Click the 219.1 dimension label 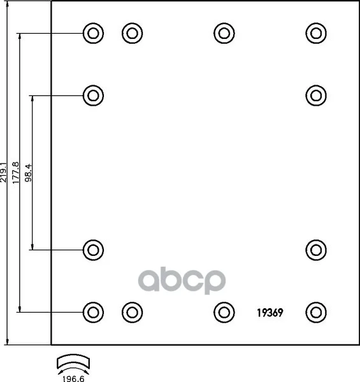coord(4,172)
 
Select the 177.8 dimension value coord(15,173)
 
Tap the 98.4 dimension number coord(29,173)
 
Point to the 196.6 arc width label coord(73,379)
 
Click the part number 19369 coord(270,313)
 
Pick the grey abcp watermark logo coord(182,280)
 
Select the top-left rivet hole coord(94,33)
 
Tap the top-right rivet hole coord(316,33)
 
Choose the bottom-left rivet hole coord(94,313)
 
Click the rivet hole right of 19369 coord(316,313)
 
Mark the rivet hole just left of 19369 coord(224,313)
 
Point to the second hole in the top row coord(133,33)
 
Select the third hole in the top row coord(224,33)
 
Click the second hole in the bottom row coord(133,313)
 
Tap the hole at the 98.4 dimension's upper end coord(94,95)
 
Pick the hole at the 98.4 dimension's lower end coord(94,250)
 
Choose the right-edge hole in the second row coord(316,95)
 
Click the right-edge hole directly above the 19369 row coord(316,250)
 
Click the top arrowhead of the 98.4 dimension coord(32,98)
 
